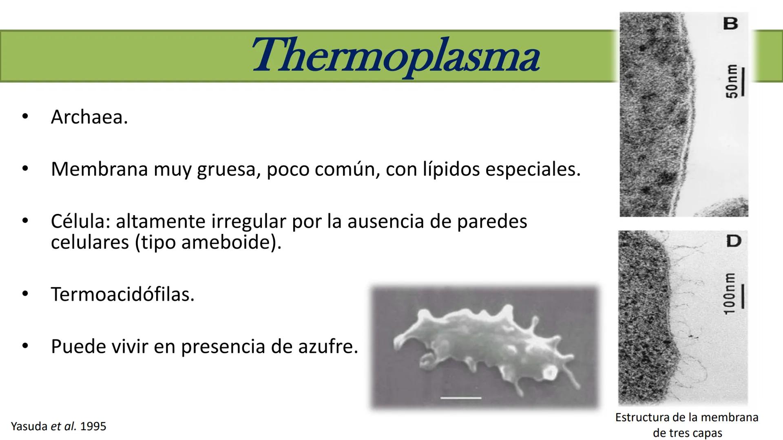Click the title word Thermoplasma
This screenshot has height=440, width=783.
tap(396, 56)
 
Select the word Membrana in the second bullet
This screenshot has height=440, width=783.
tap(100, 169)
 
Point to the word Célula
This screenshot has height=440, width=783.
tap(80, 221)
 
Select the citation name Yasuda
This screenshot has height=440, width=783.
tap(29, 427)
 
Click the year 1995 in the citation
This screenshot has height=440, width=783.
tap(93, 427)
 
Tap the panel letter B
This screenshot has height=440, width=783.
tap(730, 24)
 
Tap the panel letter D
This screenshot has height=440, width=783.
tap(734, 241)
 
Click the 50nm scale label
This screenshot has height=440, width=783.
tap(732, 81)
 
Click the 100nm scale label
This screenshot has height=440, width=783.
tap(729, 294)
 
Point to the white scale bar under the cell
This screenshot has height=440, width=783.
tap(461, 398)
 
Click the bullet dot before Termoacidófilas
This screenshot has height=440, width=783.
tap(25, 294)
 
